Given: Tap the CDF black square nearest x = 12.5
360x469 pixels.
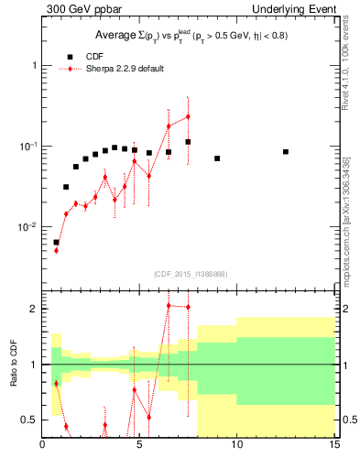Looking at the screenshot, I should (286, 152).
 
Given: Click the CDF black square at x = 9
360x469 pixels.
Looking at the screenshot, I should (217, 158).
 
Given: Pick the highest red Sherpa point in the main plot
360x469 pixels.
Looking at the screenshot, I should (188, 116).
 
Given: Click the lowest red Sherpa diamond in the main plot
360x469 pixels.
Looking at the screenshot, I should (56, 250).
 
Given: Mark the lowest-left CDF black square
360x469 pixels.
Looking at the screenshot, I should (56, 243).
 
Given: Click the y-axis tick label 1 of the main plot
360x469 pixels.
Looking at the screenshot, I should (34, 66).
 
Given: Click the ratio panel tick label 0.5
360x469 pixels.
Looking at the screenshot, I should (29, 420).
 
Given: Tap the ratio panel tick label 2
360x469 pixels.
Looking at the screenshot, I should (34, 309).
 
